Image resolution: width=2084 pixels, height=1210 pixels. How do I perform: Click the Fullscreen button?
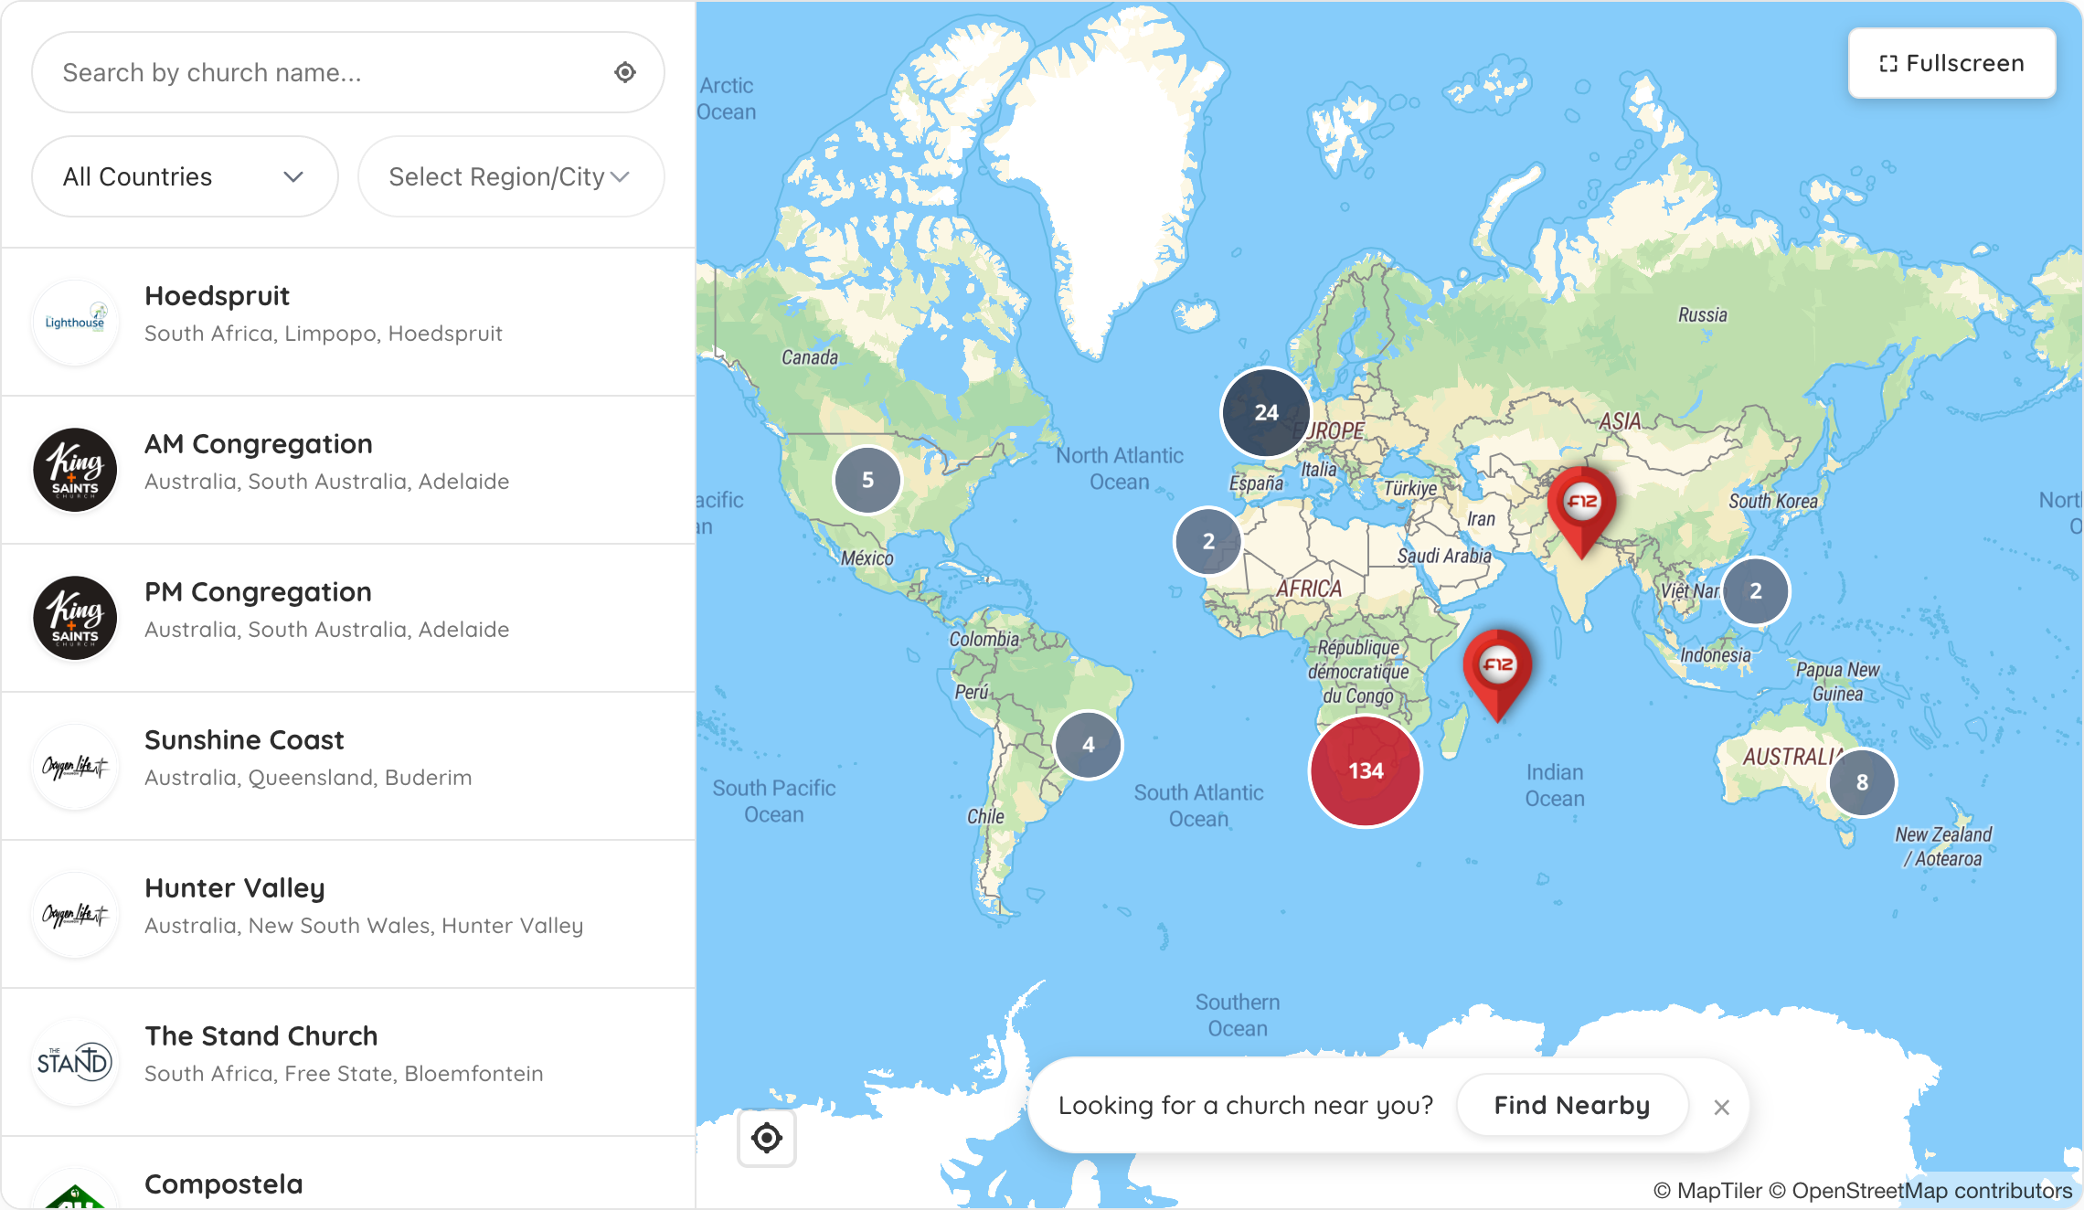1951,63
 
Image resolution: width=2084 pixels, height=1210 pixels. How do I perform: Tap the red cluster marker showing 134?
1366,771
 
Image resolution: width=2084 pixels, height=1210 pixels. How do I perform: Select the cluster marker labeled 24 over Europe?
1266,412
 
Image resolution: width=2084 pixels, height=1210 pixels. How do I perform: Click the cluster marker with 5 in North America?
867,480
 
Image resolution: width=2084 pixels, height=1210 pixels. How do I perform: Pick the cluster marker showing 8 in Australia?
1862,782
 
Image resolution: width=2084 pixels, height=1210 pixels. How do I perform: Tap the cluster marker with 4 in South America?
1088,745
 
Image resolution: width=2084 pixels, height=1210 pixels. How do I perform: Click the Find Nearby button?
1571,1106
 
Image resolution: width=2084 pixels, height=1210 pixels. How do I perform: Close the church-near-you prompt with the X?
1722,1108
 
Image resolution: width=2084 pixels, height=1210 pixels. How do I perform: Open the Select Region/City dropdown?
510,176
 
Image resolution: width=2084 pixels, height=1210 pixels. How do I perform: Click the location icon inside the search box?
625,72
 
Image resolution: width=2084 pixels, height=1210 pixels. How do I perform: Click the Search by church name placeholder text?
212,72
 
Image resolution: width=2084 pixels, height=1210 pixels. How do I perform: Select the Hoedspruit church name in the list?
218,296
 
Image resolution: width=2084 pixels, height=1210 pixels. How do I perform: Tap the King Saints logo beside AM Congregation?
75,470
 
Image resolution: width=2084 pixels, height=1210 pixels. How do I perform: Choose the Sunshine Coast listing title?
244,740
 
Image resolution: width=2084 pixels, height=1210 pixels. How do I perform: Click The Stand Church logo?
75,1062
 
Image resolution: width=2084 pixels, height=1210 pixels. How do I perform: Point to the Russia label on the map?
1702,315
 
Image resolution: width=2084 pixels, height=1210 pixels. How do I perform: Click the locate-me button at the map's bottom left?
767,1138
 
